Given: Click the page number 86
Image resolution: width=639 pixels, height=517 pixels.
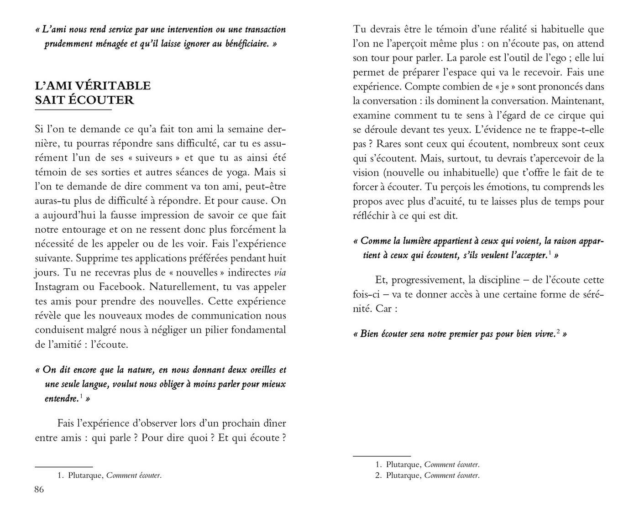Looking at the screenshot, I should click(39, 490).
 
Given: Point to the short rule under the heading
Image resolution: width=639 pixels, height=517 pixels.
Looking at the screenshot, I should click(73, 110).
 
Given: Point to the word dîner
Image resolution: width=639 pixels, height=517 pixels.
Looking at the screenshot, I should click(273, 423).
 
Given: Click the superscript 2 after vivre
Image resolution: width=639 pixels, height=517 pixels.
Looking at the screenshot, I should click(558, 331).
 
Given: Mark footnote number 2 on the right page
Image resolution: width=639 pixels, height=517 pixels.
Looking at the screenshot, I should click(378, 475).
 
